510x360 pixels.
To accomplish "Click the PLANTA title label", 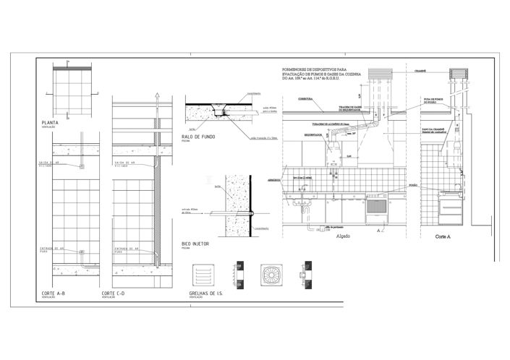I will [x=50, y=123].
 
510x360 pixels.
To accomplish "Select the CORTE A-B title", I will [x=56, y=293].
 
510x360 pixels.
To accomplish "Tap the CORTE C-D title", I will [x=114, y=293].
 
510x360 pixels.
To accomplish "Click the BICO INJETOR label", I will [x=196, y=244].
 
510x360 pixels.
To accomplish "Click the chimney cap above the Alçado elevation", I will [x=380, y=74].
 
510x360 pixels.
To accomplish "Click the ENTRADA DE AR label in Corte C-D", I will [x=127, y=250].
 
